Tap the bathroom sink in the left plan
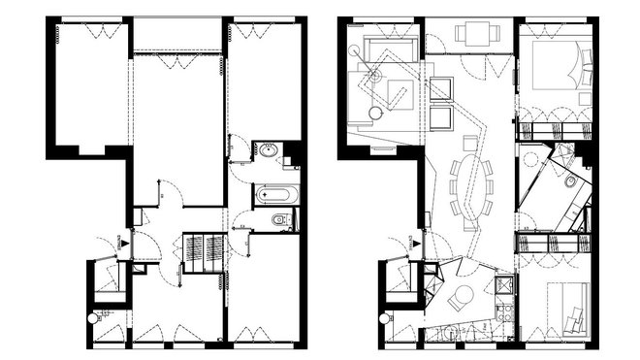[266, 152]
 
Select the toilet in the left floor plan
[280, 221]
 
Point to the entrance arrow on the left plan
[123, 245]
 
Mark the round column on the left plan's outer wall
[92, 318]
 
